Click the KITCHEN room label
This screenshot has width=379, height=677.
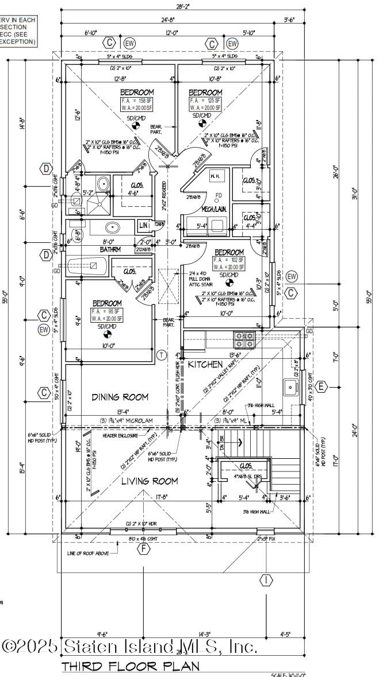click(x=205, y=364)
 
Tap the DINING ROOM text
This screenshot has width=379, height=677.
click(x=120, y=397)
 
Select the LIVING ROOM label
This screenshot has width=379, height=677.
click(x=149, y=481)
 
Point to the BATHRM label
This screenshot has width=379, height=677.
click(x=110, y=250)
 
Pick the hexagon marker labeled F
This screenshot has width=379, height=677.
click(x=144, y=548)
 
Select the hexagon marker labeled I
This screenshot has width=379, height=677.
click(x=266, y=580)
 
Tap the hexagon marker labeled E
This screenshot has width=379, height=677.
click(x=321, y=386)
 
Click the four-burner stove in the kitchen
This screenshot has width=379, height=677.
click(x=244, y=339)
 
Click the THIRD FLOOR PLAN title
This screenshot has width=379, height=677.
click(x=131, y=666)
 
